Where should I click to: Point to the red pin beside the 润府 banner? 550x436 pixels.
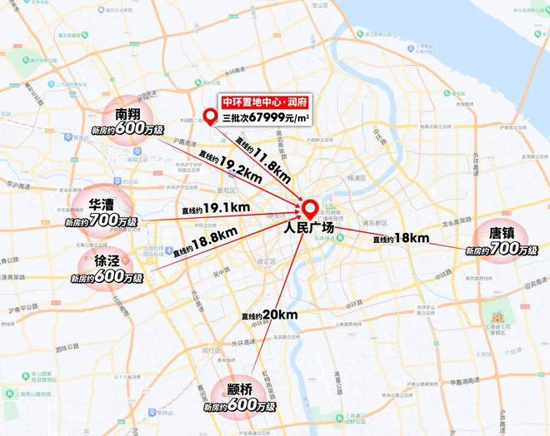(209, 113)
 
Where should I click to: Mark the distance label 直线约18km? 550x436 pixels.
(402, 239)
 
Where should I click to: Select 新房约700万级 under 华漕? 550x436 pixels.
(103, 222)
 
